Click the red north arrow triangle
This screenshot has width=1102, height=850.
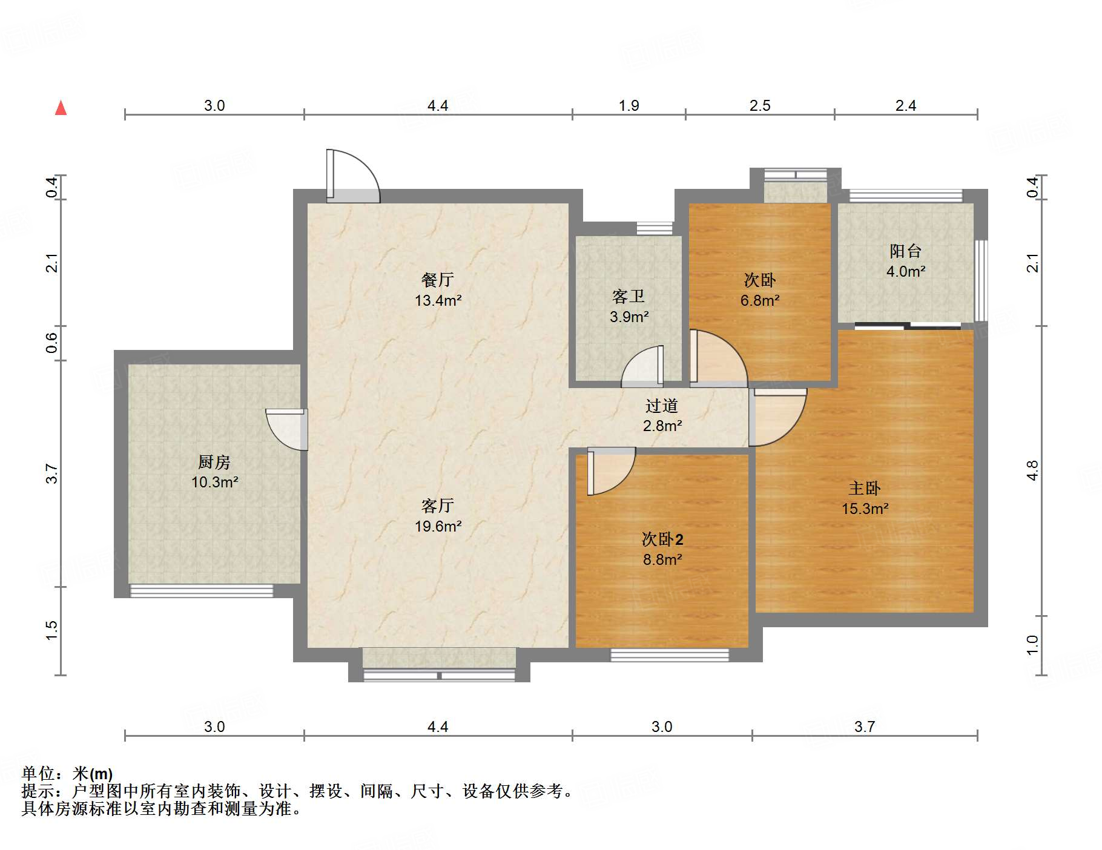point(61,108)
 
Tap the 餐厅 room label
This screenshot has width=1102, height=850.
point(438,280)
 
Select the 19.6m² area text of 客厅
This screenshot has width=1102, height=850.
point(438,527)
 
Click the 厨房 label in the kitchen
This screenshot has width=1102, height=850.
point(214,462)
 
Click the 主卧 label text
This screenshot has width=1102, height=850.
point(865,488)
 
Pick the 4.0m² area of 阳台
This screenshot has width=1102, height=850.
point(906,272)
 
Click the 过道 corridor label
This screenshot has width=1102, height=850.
point(661,406)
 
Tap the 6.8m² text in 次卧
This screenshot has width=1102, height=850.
point(760,300)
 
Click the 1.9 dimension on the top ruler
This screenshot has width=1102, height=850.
point(629,106)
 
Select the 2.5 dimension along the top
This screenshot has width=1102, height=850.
point(760,106)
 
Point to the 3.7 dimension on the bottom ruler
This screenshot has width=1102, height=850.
point(865,726)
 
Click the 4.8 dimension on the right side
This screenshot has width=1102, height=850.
point(1032,471)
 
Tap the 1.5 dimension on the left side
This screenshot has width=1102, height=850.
point(52,630)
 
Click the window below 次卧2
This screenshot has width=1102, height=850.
point(669,654)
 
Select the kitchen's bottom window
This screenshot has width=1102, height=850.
point(202,590)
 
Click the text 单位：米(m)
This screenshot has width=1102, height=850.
point(67,774)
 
